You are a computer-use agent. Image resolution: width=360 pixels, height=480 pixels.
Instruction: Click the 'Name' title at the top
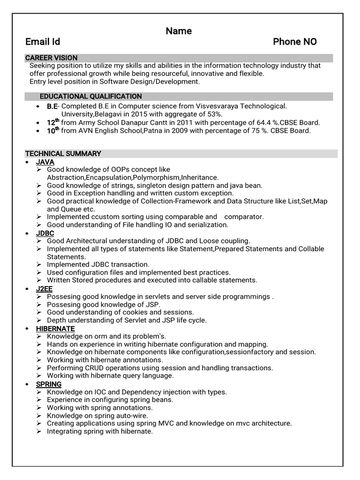[x=179, y=31]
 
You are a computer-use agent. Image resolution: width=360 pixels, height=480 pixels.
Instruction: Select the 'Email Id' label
[x=43, y=42]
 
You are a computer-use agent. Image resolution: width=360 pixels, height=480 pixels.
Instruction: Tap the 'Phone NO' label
[x=295, y=42]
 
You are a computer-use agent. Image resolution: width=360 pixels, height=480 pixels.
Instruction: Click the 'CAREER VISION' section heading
[x=51, y=58]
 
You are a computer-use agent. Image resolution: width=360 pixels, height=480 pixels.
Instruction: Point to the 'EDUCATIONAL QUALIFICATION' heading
[x=90, y=96]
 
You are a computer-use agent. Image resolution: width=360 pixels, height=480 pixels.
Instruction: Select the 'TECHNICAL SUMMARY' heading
[x=63, y=154]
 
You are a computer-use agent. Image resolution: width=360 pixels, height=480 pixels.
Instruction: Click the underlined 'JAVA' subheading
[x=45, y=162]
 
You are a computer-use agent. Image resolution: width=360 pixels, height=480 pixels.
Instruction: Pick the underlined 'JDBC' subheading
[x=45, y=233]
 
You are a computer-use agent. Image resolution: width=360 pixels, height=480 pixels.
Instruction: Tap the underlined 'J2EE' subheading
[x=45, y=289]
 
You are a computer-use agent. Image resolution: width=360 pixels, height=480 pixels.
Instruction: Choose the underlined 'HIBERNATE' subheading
[x=55, y=329]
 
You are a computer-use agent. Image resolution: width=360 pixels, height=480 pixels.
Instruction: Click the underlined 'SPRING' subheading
[x=49, y=384]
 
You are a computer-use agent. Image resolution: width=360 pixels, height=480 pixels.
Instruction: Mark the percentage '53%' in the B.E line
[x=215, y=114]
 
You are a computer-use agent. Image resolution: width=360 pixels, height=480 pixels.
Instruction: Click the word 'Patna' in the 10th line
[x=154, y=131]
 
